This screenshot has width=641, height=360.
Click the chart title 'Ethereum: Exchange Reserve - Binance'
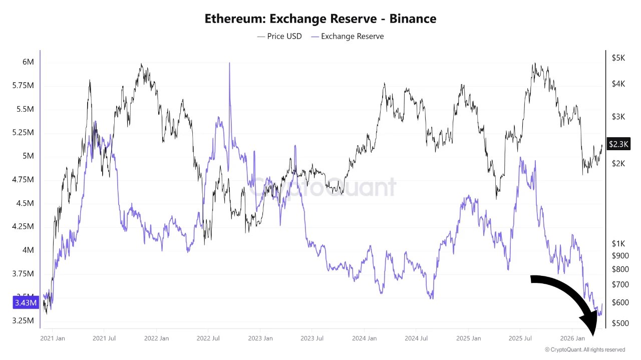(x=320, y=19)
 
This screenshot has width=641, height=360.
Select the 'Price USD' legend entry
(x=279, y=36)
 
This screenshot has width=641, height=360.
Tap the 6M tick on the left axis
(x=28, y=62)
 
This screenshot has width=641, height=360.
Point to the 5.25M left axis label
(x=23, y=133)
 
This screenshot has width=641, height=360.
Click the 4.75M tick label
(x=23, y=180)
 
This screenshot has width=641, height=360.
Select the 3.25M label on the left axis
(x=23, y=320)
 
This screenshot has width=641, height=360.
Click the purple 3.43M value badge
(x=25, y=303)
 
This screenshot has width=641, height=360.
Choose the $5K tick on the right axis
(x=618, y=58)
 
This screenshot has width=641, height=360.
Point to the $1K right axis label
(x=618, y=243)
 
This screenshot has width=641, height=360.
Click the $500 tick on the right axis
(x=619, y=323)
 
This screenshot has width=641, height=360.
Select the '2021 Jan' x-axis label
(x=52, y=338)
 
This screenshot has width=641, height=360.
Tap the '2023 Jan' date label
(x=260, y=338)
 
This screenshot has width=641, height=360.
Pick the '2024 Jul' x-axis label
(x=416, y=338)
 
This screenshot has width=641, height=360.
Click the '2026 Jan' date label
(x=572, y=338)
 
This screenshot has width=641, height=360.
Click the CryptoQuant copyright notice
(x=584, y=349)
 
